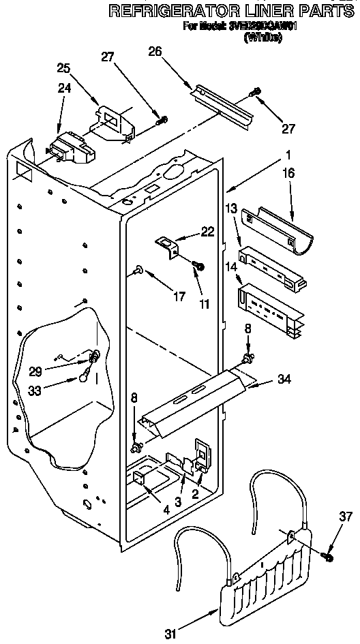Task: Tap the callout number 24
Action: [x=63, y=87]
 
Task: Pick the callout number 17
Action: [x=179, y=296]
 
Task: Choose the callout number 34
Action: [x=284, y=379]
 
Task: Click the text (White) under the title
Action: [x=262, y=38]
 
